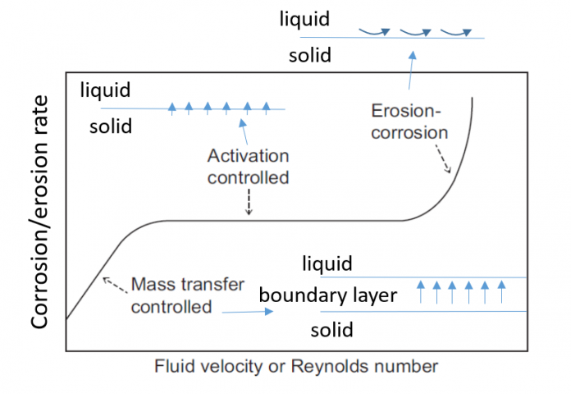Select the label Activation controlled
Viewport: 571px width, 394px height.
point(249,167)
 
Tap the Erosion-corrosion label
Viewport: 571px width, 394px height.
point(409,121)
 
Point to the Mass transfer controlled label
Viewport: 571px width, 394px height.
point(188,296)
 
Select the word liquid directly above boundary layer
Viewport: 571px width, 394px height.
point(327,263)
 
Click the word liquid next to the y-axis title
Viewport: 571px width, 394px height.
point(105,89)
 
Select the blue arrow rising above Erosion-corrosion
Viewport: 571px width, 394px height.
point(410,71)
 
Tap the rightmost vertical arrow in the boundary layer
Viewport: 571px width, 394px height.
point(501,291)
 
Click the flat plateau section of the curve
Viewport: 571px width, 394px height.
point(287,220)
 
